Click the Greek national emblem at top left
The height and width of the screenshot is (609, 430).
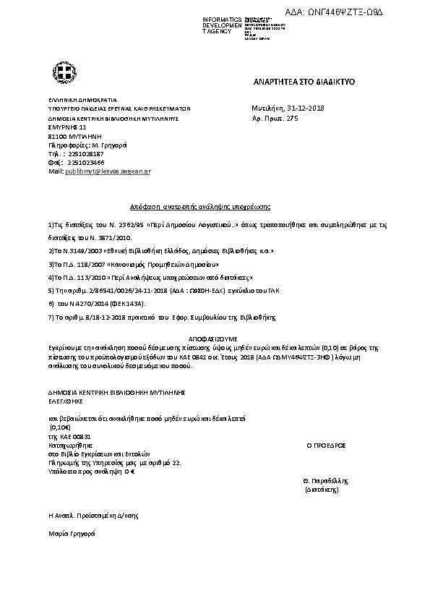click(59, 72)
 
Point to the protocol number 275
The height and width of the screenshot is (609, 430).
click(292, 117)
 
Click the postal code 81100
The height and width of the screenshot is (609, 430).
click(57, 135)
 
